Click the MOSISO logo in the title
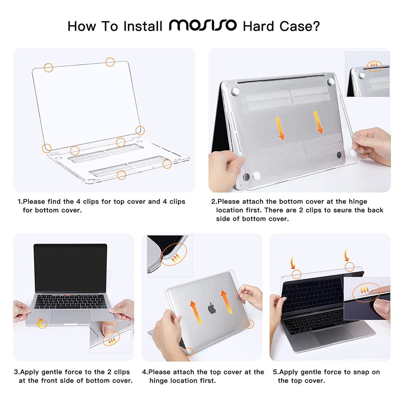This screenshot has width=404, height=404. point(203,25)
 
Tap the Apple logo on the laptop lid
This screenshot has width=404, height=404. point(212,308)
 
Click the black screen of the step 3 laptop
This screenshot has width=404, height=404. point(70,267)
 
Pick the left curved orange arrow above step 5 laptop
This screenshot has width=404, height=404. point(293,263)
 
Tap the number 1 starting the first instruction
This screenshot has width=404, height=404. point(20,202)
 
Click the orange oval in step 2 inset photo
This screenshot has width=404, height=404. point(374,66)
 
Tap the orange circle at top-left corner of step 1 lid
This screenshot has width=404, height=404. point(49,68)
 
